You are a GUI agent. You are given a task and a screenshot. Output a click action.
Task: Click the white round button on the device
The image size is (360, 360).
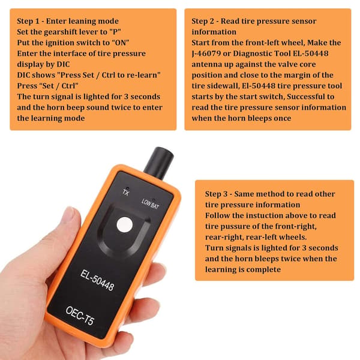(x=125, y=224)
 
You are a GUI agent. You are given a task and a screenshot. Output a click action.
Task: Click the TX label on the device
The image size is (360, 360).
(x=126, y=193)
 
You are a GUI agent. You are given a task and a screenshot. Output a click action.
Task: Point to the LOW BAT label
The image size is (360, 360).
(x=150, y=204)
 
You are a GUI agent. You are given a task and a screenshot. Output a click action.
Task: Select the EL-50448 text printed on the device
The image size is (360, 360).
(x=97, y=280)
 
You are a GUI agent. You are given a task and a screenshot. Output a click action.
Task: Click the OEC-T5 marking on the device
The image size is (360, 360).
(x=80, y=316)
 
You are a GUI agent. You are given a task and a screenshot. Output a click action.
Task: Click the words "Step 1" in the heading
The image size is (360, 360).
(x=28, y=21)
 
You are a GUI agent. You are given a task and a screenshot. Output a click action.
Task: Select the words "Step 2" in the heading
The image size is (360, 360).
(x=203, y=21)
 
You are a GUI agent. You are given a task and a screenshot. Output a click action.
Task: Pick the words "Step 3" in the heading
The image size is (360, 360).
(x=216, y=194)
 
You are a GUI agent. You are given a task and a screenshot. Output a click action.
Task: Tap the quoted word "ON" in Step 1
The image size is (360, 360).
(x=121, y=43)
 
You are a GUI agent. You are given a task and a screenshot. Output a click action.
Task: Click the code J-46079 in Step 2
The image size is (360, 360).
(x=206, y=54)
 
